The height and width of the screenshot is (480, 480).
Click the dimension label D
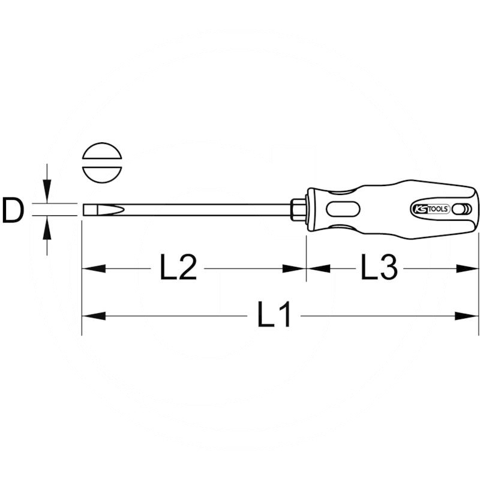(13, 211)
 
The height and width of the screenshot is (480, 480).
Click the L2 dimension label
(178, 268)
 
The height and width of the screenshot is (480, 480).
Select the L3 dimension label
(379, 268)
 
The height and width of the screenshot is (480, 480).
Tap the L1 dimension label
(274, 314)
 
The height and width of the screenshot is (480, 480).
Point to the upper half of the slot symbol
(102, 151)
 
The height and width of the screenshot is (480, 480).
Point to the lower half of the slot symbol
(102, 175)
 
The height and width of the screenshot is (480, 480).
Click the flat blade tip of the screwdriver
(90, 210)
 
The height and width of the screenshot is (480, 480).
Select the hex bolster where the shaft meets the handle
(298, 209)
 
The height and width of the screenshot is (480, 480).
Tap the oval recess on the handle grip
(343, 209)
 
